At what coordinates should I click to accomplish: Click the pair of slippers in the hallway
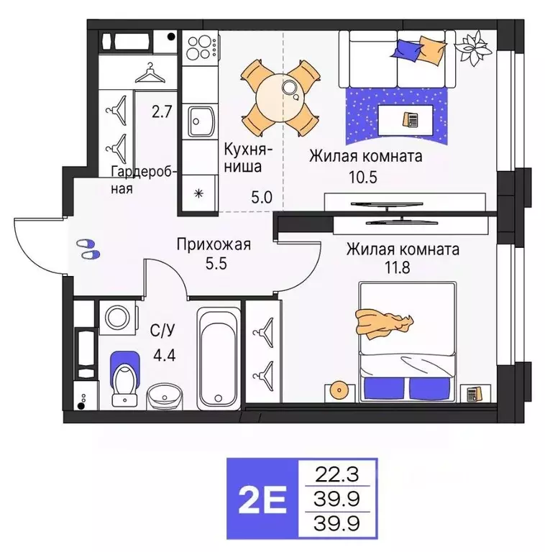[87, 249]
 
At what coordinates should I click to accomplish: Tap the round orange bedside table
[339, 390]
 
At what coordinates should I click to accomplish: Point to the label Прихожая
[214, 244]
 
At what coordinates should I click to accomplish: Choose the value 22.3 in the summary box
[336, 473]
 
